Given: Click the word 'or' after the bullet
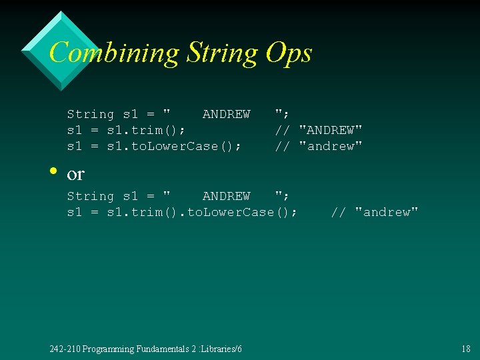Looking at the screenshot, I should [x=75, y=174].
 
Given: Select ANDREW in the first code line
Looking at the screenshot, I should [x=226, y=114].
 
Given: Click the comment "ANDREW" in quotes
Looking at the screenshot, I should [x=331, y=130].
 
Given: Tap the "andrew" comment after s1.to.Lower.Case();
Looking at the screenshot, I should [x=331, y=146].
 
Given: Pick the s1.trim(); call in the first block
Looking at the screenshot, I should [x=146, y=130].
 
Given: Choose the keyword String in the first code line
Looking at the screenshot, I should [x=91, y=114].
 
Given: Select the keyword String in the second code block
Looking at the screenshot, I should [x=91, y=196].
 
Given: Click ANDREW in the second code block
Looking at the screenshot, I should [x=226, y=196].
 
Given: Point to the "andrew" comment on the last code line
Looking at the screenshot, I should [x=387, y=212].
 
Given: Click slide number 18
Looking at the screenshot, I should [x=465, y=349].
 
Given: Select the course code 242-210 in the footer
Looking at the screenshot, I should [x=65, y=349].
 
